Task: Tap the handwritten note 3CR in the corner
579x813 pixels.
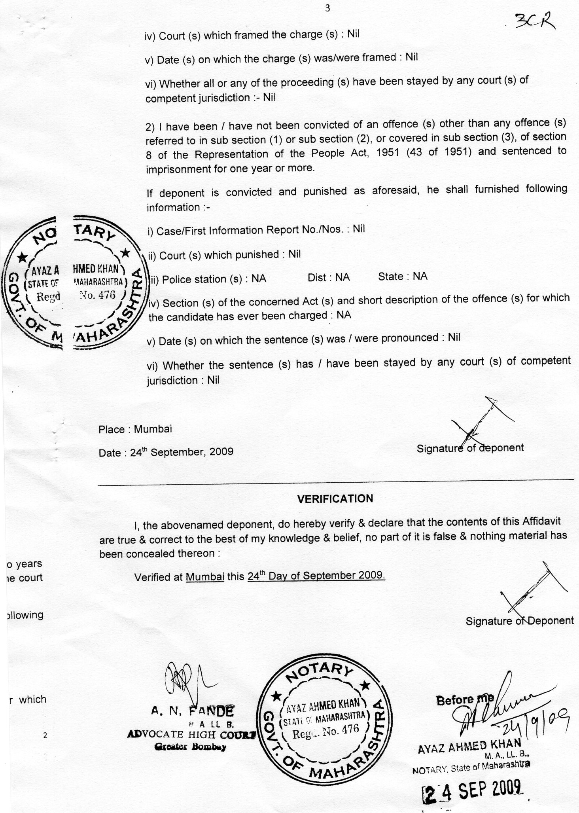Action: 535,22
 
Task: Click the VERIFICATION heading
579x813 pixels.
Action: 335,498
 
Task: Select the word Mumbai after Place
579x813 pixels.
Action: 153,429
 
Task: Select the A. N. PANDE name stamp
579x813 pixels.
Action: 192,712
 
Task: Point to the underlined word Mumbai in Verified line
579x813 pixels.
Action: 205,577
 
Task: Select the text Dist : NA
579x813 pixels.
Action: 329,277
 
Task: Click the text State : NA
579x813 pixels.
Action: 403,276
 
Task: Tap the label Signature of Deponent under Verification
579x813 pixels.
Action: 519,621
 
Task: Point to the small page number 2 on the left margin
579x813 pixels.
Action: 45,736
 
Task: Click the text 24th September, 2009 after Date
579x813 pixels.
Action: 182,452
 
